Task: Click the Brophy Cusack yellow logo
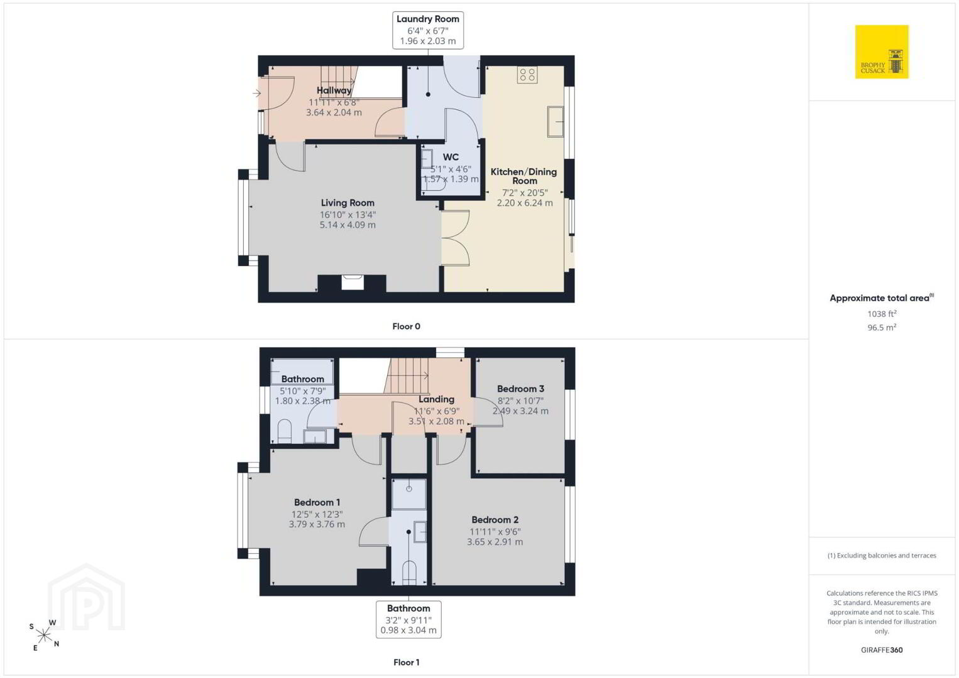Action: [x=882, y=51]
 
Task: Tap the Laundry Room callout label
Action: [x=428, y=30]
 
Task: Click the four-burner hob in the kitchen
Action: [x=527, y=75]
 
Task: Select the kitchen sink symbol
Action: [x=556, y=122]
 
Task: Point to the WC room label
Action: [x=451, y=157]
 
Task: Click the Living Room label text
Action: [x=348, y=203]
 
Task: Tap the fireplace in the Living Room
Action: [x=353, y=282]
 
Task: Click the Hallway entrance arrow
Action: [x=256, y=93]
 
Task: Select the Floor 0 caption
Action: [x=407, y=326]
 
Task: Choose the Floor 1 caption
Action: [x=407, y=662]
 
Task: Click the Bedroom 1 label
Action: [x=317, y=502]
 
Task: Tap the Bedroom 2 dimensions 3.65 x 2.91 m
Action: [x=495, y=542]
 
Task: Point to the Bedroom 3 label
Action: [x=520, y=389]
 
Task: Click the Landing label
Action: [x=436, y=399]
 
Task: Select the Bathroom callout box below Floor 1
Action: [x=408, y=620]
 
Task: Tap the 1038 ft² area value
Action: [x=882, y=313]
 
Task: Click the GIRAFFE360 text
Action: [x=882, y=650]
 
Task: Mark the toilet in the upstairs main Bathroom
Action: [x=285, y=431]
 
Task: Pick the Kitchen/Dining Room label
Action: [x=523, y=176]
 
